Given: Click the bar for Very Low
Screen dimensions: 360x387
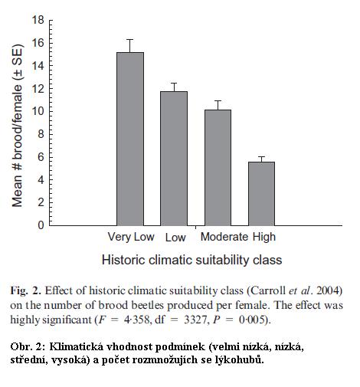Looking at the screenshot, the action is pyautogui.click(x=130, y=139).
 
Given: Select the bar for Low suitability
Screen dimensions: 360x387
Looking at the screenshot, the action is pyautogui.click(x=174, y=159).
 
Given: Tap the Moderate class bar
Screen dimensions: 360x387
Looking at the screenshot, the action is pyautogui.click(x=218, y=168).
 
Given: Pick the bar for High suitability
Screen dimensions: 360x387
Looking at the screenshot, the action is pyautogui.click(x=261, y=194).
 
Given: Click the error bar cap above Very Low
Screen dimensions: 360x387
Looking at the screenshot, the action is pyautogui.click(x=130, y=40).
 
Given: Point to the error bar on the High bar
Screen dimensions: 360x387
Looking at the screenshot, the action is pyautogui.click(x=261, y=159).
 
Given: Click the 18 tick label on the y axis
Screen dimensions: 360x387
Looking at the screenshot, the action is pyautogui.click(x=38, y=20).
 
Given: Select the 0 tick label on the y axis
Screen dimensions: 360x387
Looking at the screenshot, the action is pyautogui.click(x=41, y=225).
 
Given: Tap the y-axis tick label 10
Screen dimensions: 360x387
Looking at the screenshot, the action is pyautogui.click(x=38, y=111).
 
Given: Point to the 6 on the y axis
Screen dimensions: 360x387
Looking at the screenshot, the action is pyautogui.click(x=41, y=157).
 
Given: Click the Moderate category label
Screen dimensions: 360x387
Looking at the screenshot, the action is pyautogui.click(x=224, y=237).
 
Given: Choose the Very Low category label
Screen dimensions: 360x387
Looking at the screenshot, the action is pyautogui.click(x=131, y=238).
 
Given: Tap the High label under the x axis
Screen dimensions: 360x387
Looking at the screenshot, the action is pyautogui.click(x=264, y=238).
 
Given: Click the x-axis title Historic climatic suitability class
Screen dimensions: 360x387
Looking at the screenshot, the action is pyautogui.click(x=192, y=260).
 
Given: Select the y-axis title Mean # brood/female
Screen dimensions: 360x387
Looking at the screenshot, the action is pyautogui.click(x=18, y=126).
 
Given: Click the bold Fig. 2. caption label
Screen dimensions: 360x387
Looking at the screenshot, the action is pyautogui.click(x=25, y=291).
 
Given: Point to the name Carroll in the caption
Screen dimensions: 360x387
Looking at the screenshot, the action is pyautogui.click(x=267, y=290).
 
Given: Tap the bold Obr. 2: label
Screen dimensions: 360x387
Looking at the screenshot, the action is pyautogui.click(x=28, y=346).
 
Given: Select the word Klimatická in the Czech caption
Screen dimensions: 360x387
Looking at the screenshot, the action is pyautogui.click(x=77, y=346).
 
